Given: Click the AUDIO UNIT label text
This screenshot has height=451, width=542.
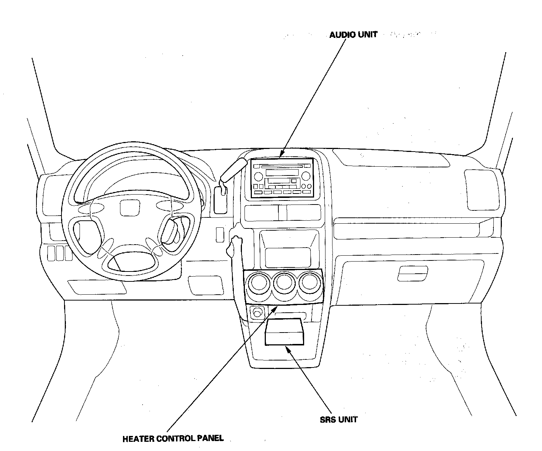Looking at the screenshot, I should pos(353,35).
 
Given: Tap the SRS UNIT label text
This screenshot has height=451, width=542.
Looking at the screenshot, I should pos(339,419).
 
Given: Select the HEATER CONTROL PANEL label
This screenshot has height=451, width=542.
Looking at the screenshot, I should pos(173,438).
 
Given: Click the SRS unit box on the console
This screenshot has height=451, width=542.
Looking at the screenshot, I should pos(284,332).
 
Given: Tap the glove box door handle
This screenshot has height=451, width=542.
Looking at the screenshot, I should pos(413,274).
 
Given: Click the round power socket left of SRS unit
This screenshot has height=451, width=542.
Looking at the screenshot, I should pos(257,313).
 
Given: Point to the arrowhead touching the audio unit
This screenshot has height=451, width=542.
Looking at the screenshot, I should pos(282,155).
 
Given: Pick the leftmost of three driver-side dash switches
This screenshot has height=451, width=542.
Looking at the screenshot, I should pos(51,253).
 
